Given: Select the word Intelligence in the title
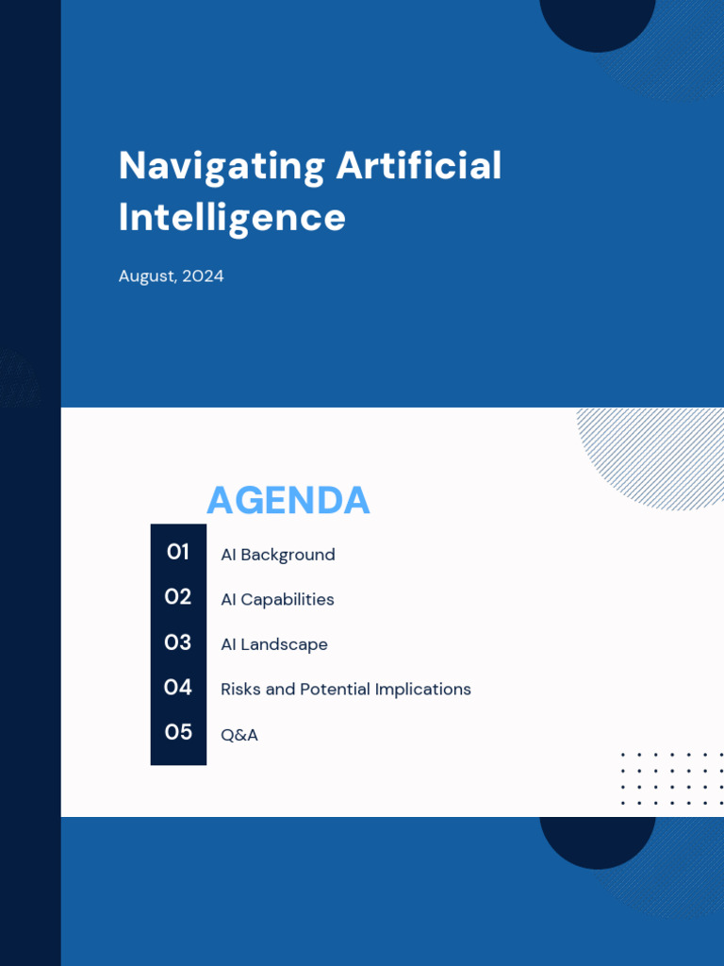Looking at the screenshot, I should click(232, 217).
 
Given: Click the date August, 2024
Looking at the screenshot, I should click(171, 276).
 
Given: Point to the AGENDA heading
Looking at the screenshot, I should click(288, 500).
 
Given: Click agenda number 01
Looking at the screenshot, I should click(178, 552).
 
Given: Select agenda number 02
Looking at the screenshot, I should click(178, 597).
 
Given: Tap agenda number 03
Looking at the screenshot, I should click(178, 642).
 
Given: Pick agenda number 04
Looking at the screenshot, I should click(178, 688).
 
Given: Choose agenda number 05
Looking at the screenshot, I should click(178, 732).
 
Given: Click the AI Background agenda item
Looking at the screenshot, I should click(277, 555).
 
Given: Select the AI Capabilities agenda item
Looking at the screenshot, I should click(277, 599).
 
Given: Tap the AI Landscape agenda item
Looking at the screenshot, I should click(274, 644).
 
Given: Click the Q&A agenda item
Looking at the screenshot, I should click(239, 735).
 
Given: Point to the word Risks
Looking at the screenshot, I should click(240, 690).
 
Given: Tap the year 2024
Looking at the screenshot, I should click(203, 276).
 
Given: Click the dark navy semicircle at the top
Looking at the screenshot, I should click(597, 21).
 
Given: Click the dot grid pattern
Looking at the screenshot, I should click(671, 778).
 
